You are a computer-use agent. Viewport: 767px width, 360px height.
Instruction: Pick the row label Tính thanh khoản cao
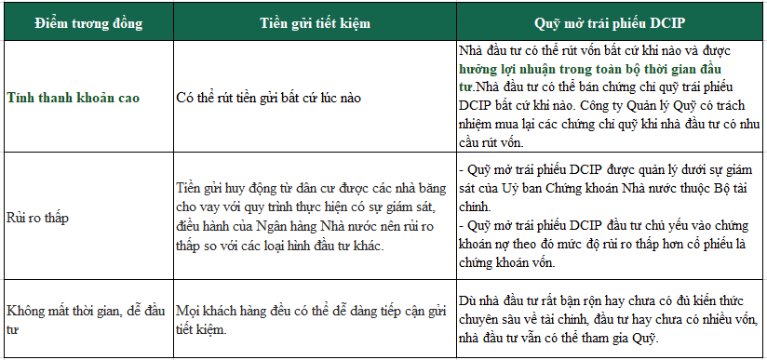(74, 98)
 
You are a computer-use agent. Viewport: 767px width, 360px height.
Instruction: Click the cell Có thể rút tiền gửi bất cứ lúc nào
(269, 98)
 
